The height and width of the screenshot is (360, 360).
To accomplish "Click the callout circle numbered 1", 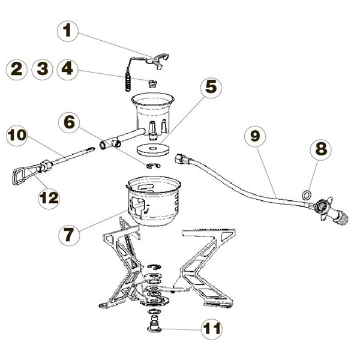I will [67, 31].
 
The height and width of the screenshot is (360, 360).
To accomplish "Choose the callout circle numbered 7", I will [70, 233].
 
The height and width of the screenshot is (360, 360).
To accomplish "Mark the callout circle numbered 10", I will [17, 136].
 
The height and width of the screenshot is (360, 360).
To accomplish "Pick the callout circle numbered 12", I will [49, 199].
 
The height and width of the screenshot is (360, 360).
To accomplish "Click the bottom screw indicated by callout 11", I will [154, 327].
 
